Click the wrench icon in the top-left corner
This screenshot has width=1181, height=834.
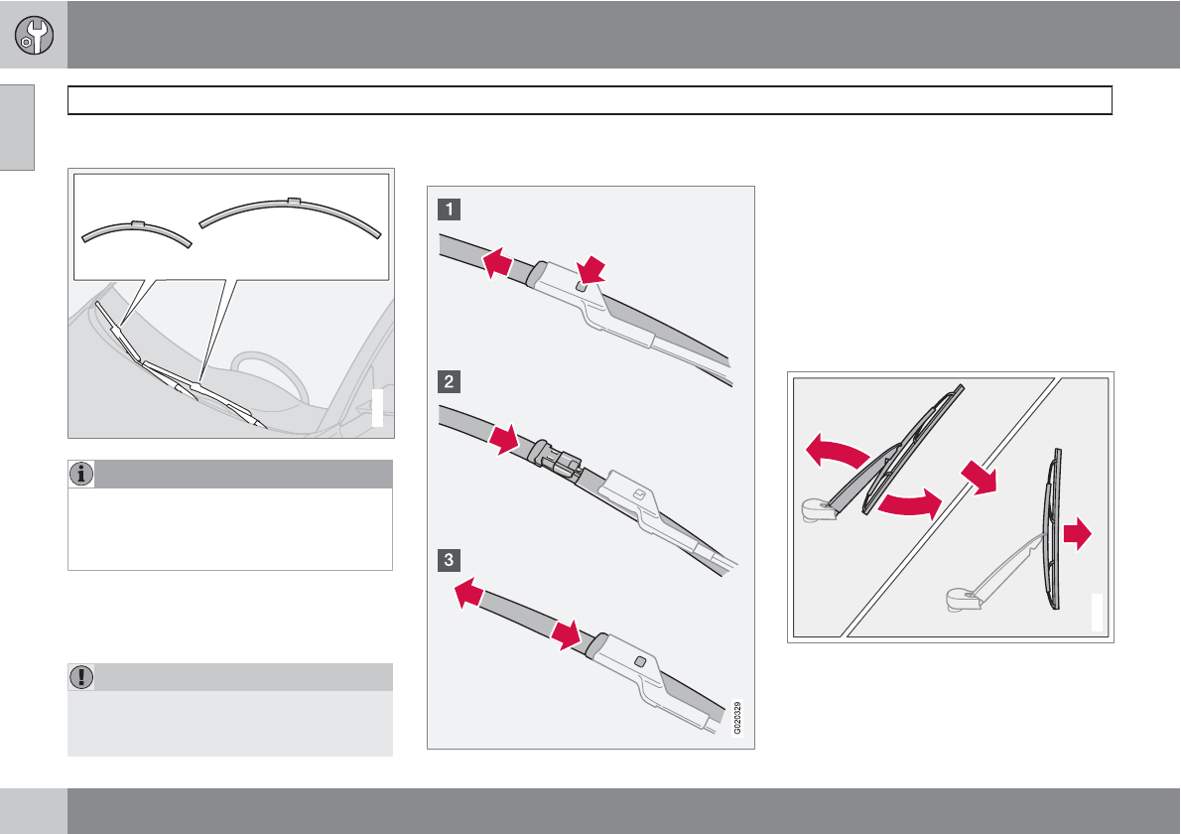(34, 35)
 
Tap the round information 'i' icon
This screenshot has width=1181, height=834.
(81, 474)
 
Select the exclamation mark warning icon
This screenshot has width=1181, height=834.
(81, 676)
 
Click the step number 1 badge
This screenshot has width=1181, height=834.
(449, 208)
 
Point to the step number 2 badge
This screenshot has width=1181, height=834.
(449, 381)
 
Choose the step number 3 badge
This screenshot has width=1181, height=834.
(449, 560)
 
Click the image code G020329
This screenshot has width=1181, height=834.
(737, 717)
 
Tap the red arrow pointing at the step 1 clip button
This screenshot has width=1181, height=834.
(591, 270)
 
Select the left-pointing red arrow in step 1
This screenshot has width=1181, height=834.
(497, 264)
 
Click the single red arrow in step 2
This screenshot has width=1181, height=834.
(504, 440)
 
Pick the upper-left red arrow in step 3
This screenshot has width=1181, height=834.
(469, 592)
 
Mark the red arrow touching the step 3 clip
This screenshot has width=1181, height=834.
(566, 635)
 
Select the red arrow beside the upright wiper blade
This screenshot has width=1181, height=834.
(1078, 533)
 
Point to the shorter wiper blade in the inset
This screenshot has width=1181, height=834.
(136, 230)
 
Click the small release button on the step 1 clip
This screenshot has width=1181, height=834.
(581, 286)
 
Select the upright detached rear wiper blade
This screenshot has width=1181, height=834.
(1052, 529)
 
